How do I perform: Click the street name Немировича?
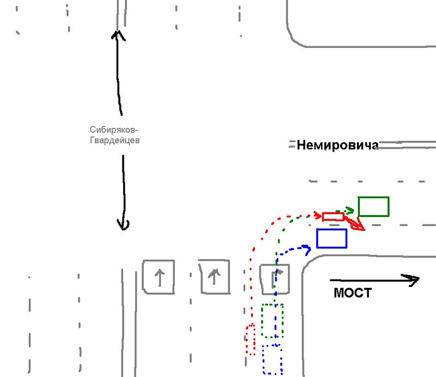tap(337, 145)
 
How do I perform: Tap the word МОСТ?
tap(352, 293)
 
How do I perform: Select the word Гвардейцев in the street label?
tap(115, 140)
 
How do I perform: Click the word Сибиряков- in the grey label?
tap(114, 130)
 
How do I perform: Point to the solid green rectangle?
tap(373, 206)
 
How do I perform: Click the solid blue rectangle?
tap(331, 238)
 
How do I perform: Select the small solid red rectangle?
tap(332, 216)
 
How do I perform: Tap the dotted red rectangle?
tap(251, 339)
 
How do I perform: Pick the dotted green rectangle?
tap(272, 320)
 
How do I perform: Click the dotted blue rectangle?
tap(272, 359)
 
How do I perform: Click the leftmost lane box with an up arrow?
tap(159, 277)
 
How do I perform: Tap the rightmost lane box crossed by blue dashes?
tap(274, 278)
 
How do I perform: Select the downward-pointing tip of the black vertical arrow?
tap(124, 227)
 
